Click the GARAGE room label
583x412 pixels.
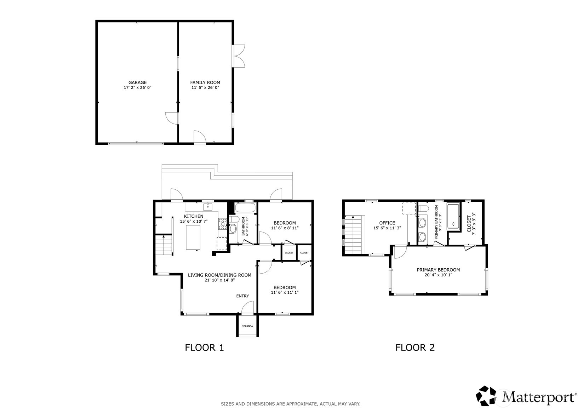[x=137, y=82]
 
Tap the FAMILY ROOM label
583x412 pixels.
[x=205, y=82]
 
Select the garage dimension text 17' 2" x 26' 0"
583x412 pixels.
[x=137, y=88]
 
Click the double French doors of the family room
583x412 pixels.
[x=239, y=56]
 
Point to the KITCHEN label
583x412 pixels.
[x=194, y=216]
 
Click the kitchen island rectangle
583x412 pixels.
[x=193, y=238]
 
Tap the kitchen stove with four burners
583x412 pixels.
[x=223, y=224]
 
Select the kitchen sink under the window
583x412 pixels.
[x=208, y=207]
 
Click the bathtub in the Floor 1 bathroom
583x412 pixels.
[x=245, y=208]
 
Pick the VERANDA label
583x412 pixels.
[x=247, y=326]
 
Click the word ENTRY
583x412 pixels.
[x=242, y=296]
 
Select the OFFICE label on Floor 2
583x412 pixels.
[x=387, y=223]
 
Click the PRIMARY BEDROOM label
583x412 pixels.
[x=438, y=270]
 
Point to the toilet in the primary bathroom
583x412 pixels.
[x=423, y=209]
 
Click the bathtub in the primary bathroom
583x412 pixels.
[x=454, y=217]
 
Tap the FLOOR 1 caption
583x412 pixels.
[x=204, y=348]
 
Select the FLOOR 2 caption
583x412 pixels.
[x=415, y=348]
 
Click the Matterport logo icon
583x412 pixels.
[x=486, y=396]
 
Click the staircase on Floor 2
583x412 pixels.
[x=353, y=235]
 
